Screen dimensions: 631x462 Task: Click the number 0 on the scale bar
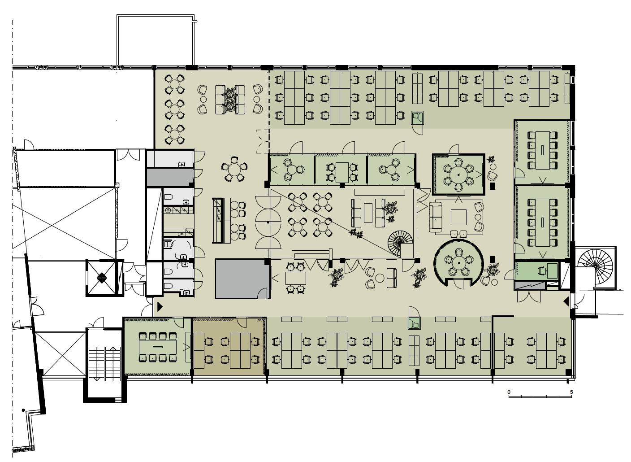pyautogui.click(x=509, y=392)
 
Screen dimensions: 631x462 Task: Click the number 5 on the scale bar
pyautogui.click(x=571, y=392)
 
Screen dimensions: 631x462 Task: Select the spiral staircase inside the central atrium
pyautogui.click(x=400, y=243)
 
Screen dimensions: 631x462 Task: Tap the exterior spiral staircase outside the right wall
pyautogui.click(x=595, y=266)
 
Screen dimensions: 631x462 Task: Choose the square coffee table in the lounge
pyautogui.click(x=458, y=217)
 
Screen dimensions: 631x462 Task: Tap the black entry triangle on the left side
pyautogui.click(x=160, y=307)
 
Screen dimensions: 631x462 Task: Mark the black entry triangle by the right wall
pyautogui.click(x=566, y=302)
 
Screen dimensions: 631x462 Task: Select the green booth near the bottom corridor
pyautogui.click(x=414, y=323)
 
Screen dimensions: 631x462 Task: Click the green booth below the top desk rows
pyautogui.click(x=418, y=118)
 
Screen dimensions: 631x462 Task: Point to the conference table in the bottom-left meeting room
pyautogui.click(x=157, y=347)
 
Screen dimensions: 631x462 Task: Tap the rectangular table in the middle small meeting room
pyautogui.click(x=342, y=172)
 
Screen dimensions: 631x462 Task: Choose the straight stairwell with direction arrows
pyautogui.click(x=105, y=364)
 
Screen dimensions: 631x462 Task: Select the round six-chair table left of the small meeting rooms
pyautogui.click(x=234, y=170)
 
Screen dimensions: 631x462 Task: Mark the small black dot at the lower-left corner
pyautogui.click(x=24, y=410)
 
